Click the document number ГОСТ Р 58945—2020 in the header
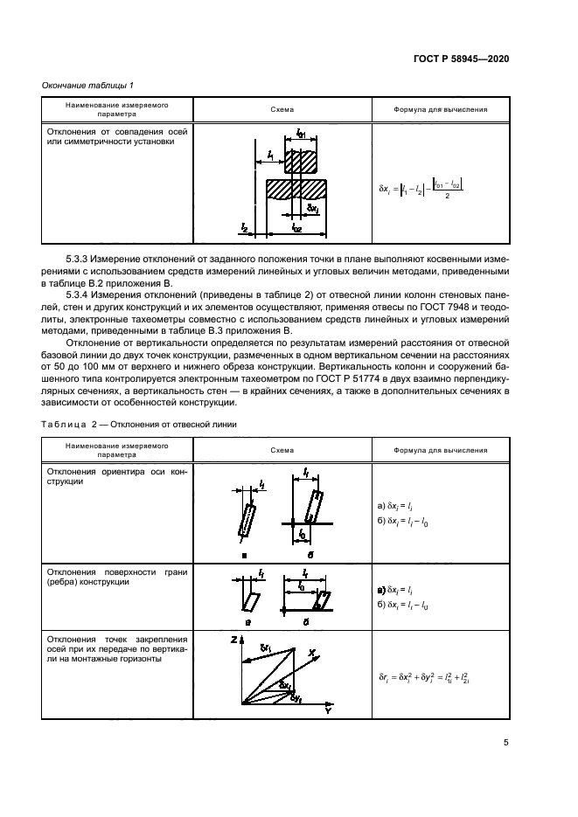461,58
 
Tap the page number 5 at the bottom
506,743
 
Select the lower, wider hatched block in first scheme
297,189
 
